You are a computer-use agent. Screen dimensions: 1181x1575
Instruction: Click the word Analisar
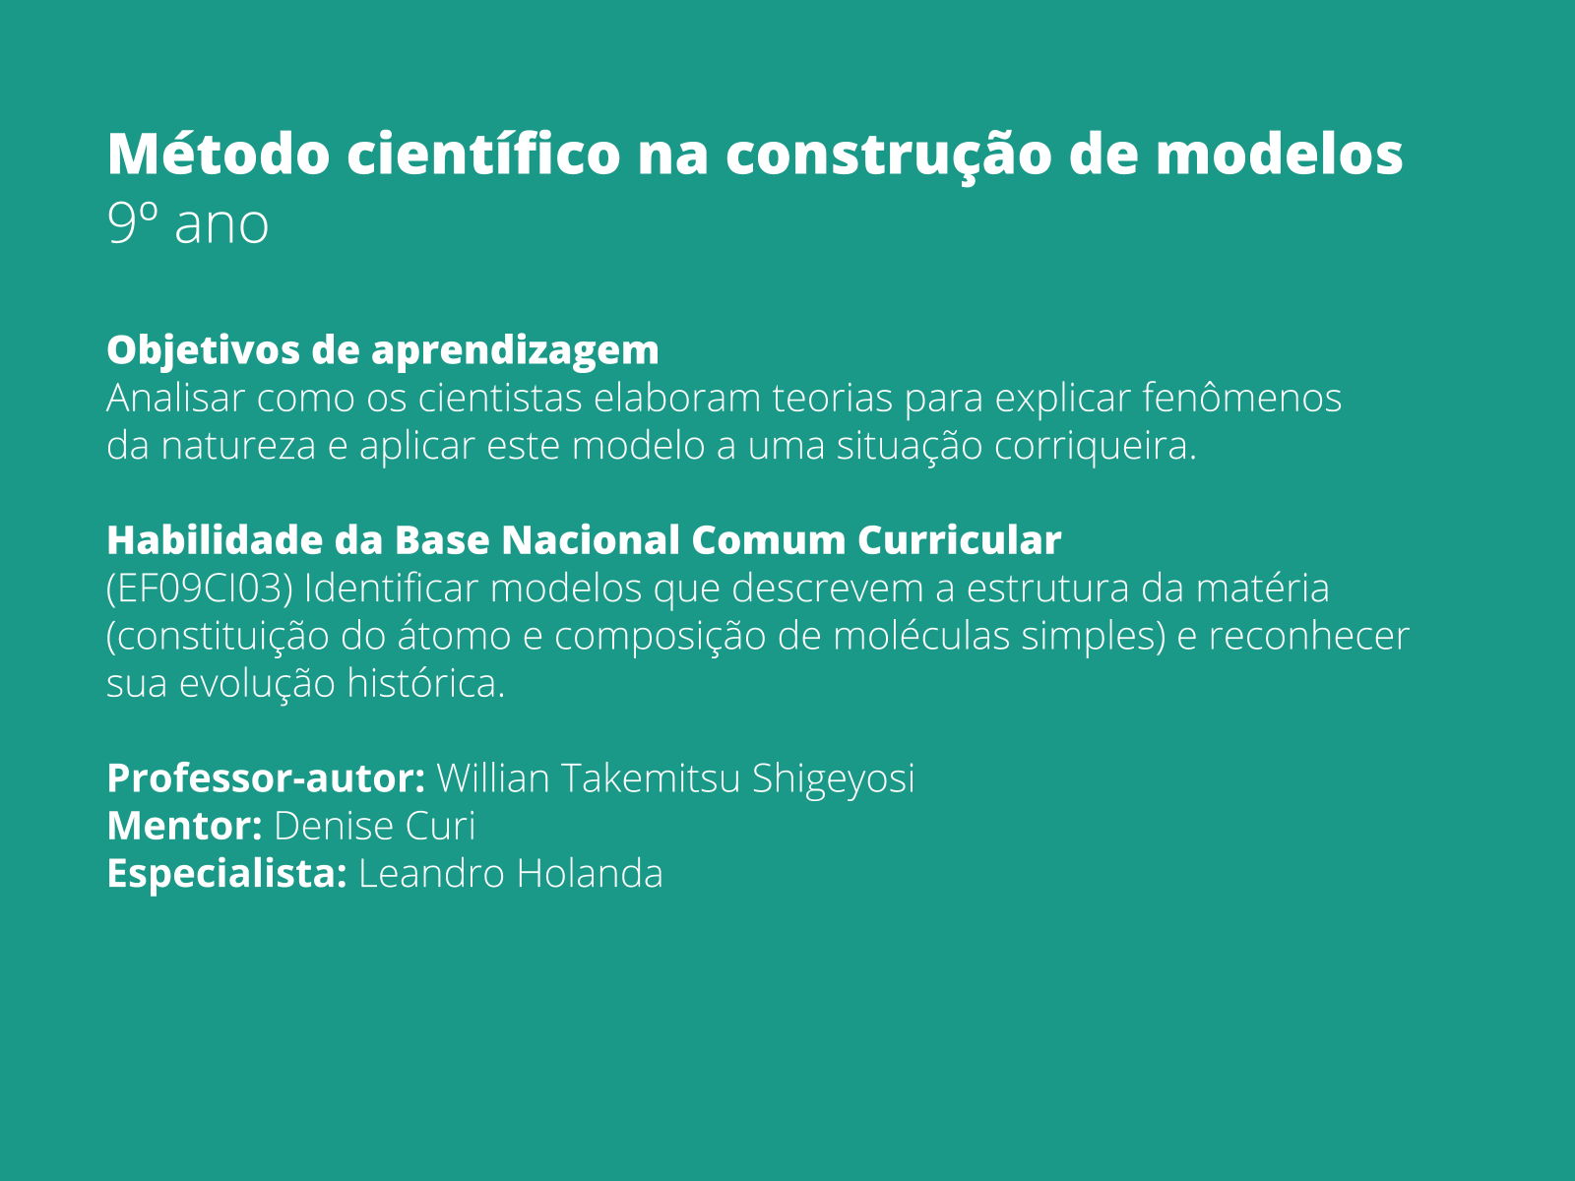click(x=176, y=399)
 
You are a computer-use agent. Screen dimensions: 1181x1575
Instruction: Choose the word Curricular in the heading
click(x=959, y=540)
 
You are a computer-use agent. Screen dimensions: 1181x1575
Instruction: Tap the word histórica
click(x=425, y=683)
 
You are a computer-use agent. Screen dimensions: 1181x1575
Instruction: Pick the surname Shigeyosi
click(x=833, y=777)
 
